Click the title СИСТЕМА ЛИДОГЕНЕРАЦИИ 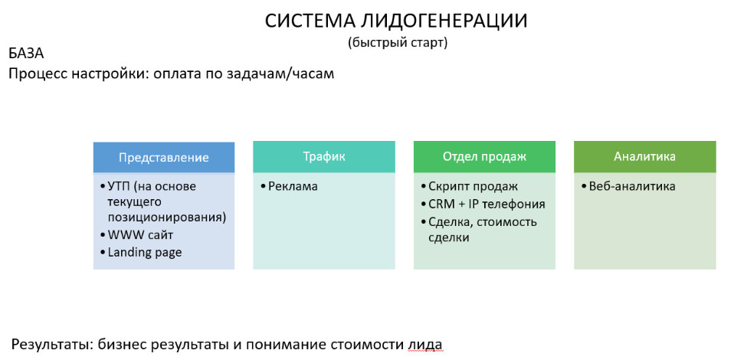(x=396, y=21)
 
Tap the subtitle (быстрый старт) (x=397, y=43)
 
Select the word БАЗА (x=26, y=54)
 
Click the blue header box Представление (x=163, y=157)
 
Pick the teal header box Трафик (x=323, y=156)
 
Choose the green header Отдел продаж (x=484, y=156)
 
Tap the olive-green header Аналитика (x=644, y=156)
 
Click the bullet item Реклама (x=293, y=186)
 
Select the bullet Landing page (x=144, y=252)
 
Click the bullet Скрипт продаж (x=473, y=186)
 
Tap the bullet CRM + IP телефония (x=487, y=204)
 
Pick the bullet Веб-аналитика (x=632, y=186)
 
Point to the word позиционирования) (x=166, y=217)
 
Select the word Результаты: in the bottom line (x=51, y=344)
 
